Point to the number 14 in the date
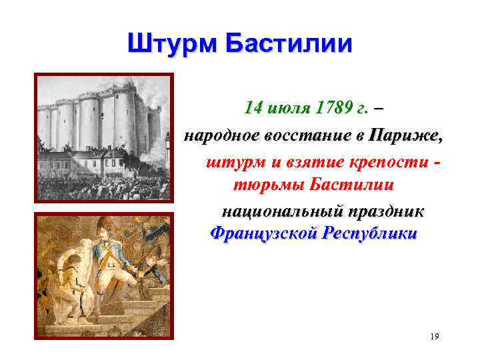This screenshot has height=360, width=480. tap(253, 107)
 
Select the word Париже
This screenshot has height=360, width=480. tap(406, 135)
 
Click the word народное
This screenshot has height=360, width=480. tap(223, 135)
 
